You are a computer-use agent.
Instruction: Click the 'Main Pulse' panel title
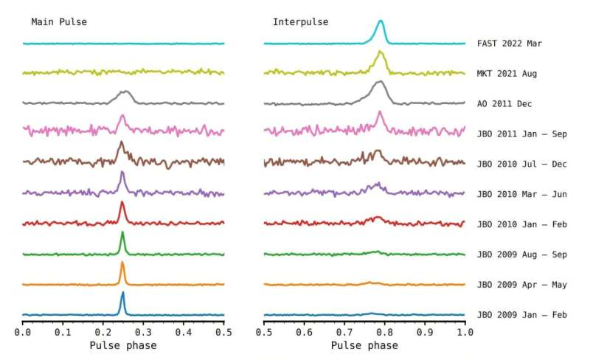point(59,22)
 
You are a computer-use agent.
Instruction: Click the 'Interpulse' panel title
point(301,22)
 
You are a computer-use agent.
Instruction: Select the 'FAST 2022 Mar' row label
point(510,44)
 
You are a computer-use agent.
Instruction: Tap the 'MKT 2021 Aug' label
point(507,74)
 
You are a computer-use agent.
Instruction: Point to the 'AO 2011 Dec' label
point(504,104)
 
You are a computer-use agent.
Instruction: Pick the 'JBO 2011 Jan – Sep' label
point(521,134)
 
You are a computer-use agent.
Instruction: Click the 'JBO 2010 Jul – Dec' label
point(521,165)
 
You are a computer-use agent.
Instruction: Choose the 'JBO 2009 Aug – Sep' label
point(521,255)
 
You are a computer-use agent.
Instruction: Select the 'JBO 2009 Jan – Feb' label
point(521,315)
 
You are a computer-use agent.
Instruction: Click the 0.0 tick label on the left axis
point(23,333)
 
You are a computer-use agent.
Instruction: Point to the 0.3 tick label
point(143,333)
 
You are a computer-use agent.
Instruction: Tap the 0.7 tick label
point(344,333)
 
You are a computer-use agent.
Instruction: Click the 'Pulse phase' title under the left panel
point(123,345)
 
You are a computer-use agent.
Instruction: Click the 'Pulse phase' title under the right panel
point(364,345)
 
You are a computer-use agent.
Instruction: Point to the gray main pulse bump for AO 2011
point(125,93)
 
